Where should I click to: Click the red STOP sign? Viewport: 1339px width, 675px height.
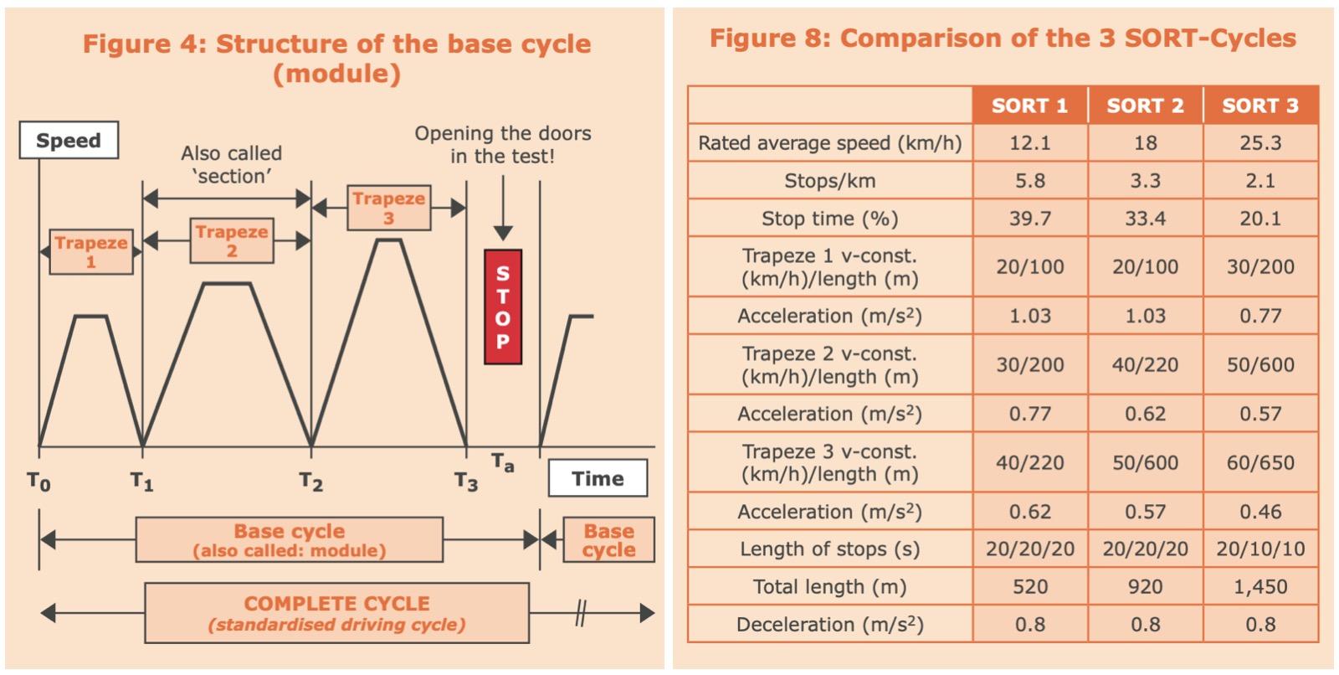click(x=503, y=307)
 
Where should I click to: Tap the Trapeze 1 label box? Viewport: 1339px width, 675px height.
click(x=91, y=252)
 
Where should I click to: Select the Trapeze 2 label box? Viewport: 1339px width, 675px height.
click(x=232, y=240)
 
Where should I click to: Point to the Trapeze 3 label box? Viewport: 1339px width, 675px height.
click(x=388, y=208)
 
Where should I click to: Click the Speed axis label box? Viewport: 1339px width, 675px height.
click(x=69, y=140)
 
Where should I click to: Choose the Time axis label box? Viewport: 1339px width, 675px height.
click(x=598, y=478)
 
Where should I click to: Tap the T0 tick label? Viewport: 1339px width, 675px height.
click(x=38, y=481)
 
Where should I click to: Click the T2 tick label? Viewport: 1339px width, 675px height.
click(x=310, y=481)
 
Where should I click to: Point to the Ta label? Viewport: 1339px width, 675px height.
click(x=503, y=462)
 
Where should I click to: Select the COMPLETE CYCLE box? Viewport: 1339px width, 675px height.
click(x=336, y=613)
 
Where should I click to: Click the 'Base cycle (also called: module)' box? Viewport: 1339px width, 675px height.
click(x=290, y=540)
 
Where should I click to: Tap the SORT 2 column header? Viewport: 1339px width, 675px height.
click(x=1146, y=106)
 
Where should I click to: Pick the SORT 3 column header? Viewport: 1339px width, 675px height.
click(x=1260, y=106)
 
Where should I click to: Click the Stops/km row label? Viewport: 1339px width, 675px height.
click(x=829, y=181)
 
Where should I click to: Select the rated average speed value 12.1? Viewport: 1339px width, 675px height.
click(x=1030, y=143)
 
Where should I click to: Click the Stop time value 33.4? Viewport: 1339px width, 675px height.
click(x=1146, y=219)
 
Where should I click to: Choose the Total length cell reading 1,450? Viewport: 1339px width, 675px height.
click(x=1260, y=586)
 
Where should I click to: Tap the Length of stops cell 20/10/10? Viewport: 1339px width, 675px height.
click(x=1260, y=549)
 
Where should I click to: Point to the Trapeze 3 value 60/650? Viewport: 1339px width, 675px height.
click(x=1260, y=462)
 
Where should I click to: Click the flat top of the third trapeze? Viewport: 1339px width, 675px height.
click(x=388, y=240)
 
